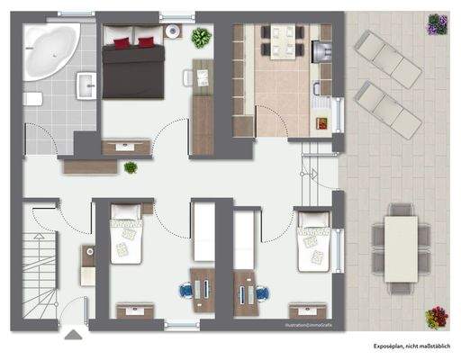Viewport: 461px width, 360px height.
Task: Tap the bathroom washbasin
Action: coord(87,86)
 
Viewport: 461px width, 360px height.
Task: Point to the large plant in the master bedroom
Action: coord(201,38)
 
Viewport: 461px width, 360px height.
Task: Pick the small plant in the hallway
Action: coord(131,167)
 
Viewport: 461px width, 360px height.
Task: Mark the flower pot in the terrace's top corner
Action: coord(438,24)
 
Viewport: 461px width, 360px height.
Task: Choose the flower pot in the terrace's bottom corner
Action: coord(438,317)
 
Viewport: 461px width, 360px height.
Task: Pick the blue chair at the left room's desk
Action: coord(186,291)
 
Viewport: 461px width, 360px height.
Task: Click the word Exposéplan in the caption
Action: coord(392,346)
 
